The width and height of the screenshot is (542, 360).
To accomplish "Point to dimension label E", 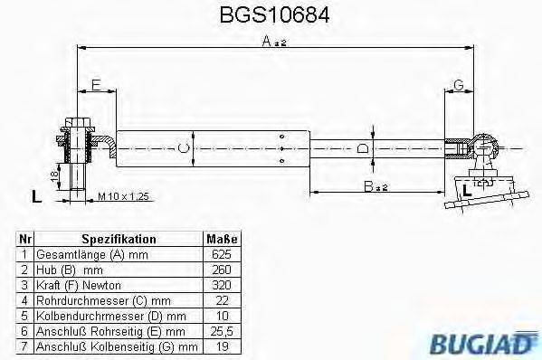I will [x=95, y=86].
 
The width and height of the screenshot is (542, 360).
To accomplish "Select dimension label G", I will [x=459, y=86].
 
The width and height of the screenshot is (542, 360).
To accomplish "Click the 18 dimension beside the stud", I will [x=53, y=171].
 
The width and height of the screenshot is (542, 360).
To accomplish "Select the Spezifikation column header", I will [x=119, y=240].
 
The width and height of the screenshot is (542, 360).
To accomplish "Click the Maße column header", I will [x=222, y=240].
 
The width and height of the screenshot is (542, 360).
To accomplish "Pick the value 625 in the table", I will [x=222, y=255].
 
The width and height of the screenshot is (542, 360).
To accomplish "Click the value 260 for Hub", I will [x=222, y=270].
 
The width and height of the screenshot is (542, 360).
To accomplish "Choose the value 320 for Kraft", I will [x=222, y=285].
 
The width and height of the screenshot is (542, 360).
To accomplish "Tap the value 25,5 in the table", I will [x=222, y=331].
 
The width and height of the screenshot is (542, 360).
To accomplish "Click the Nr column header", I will [x=25, y=240].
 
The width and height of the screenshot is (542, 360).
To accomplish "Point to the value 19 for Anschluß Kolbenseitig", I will [x=222, y=346].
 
